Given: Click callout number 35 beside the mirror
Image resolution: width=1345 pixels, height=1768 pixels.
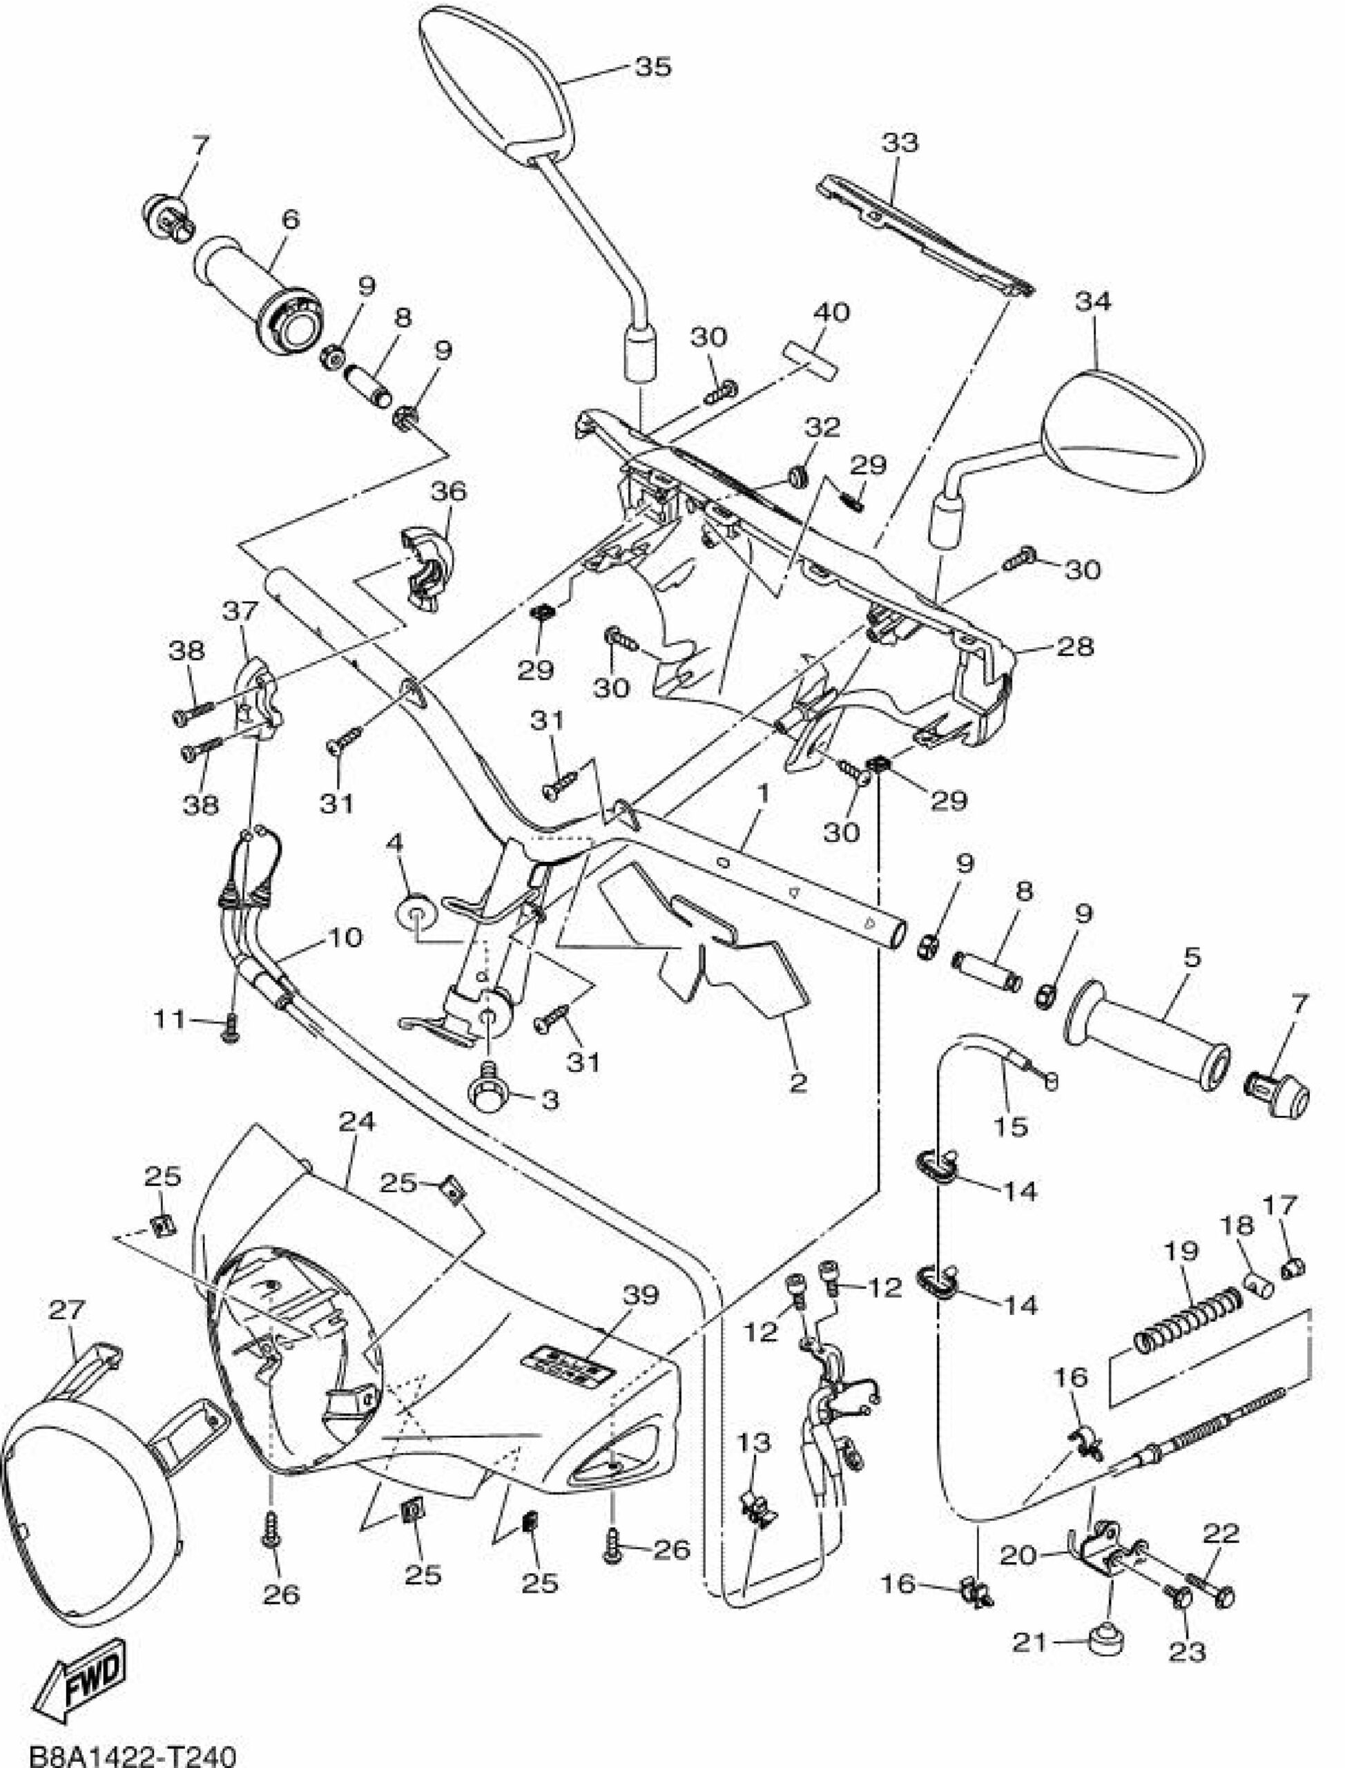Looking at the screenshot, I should [652, 67].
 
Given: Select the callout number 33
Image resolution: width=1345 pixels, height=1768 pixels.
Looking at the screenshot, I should [900, 144].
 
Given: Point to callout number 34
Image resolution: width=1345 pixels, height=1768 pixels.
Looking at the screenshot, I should [1094, 302].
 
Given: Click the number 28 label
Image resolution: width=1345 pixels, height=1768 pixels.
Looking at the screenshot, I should [1075, 645].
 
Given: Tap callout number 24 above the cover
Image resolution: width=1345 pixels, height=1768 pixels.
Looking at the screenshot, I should [357, 1123].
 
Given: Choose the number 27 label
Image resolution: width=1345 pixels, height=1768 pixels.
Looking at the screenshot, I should [67, 1311].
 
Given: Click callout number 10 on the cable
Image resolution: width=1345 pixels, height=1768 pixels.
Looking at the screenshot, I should [346, 937].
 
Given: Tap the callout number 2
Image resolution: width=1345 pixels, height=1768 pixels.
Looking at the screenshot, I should [798, 1083].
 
